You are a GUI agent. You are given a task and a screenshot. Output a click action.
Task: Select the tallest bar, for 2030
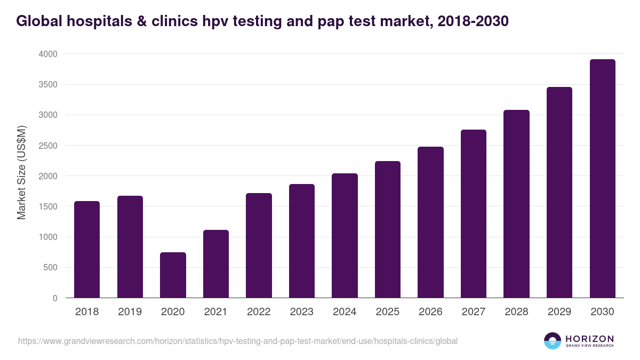(602, 179)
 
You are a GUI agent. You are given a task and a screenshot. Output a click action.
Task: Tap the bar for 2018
(87, 249)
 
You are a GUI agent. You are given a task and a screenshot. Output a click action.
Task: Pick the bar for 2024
(345, 235)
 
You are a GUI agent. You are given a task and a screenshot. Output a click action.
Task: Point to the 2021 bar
(216, 263)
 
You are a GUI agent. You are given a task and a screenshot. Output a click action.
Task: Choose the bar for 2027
(474, 213)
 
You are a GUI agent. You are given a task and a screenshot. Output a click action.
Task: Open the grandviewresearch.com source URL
(238, 341)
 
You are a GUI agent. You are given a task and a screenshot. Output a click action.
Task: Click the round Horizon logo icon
(553, 341)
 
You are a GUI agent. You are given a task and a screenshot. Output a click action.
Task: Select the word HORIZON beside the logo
(589, 339)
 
